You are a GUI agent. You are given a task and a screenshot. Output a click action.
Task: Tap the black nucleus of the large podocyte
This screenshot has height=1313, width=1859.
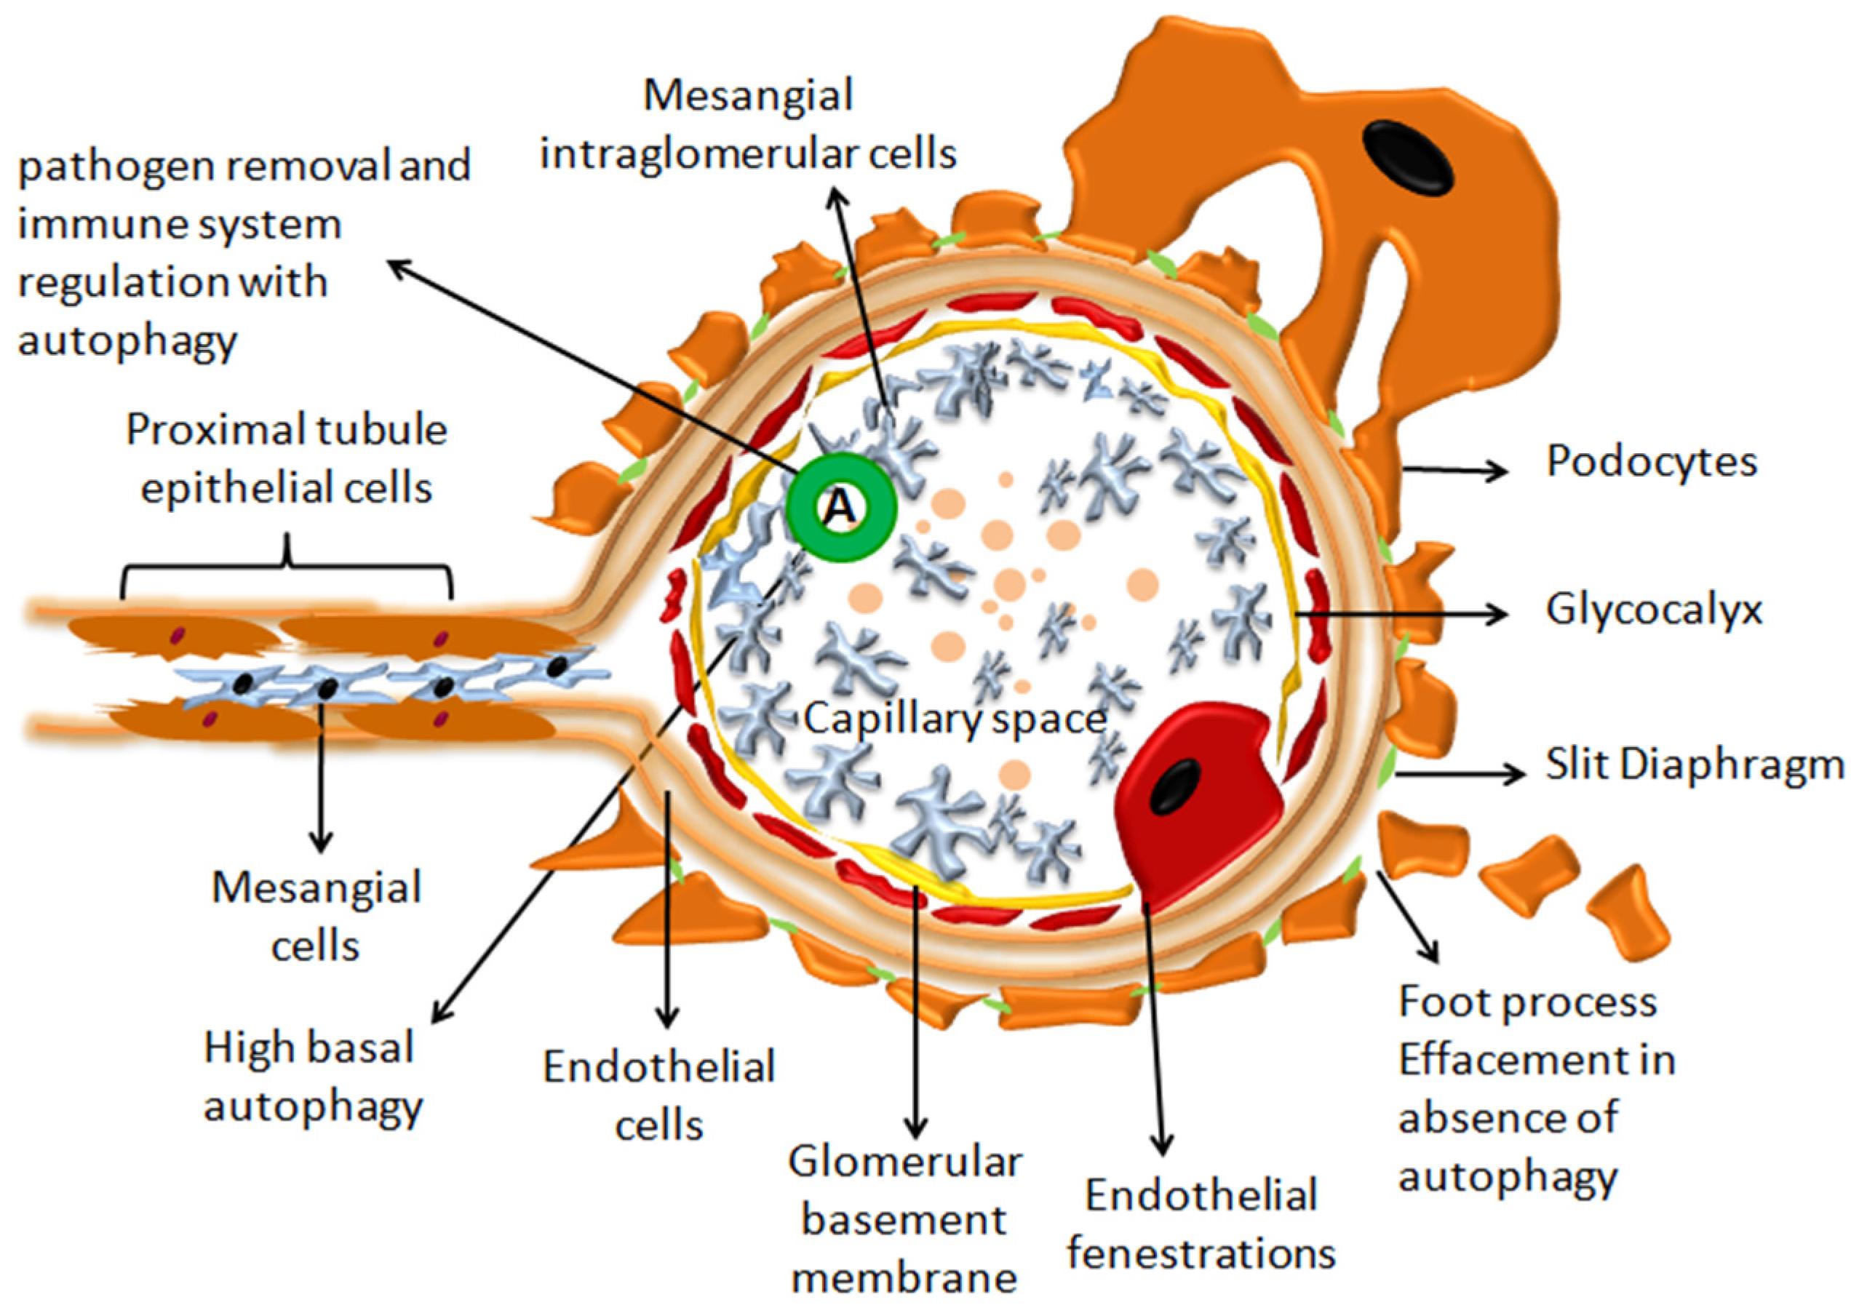(1408, 157)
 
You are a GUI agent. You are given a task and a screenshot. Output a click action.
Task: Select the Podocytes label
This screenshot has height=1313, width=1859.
(1652, 462)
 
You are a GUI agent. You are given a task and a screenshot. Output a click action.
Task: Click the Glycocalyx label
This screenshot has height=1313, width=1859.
(1653, 610)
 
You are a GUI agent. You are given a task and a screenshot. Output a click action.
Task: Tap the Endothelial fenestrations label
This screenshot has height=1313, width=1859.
(1201, 1224)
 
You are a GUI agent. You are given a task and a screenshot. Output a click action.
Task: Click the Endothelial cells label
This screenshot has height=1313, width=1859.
(659, 1096)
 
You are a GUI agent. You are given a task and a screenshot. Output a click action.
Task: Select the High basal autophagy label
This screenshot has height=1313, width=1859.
(311, 1076)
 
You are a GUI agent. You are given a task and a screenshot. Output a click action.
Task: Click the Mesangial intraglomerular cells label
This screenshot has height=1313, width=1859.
(748, 124)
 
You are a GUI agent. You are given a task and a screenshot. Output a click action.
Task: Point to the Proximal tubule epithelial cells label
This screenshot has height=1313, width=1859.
(287, 459)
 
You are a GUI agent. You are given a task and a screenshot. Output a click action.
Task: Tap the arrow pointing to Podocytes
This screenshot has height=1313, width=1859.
(1453, 469)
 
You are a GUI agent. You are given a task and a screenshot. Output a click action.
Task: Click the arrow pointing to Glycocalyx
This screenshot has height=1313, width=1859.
(1401, 615)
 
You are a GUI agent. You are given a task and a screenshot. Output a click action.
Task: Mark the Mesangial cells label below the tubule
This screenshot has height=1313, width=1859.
(316, 917)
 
